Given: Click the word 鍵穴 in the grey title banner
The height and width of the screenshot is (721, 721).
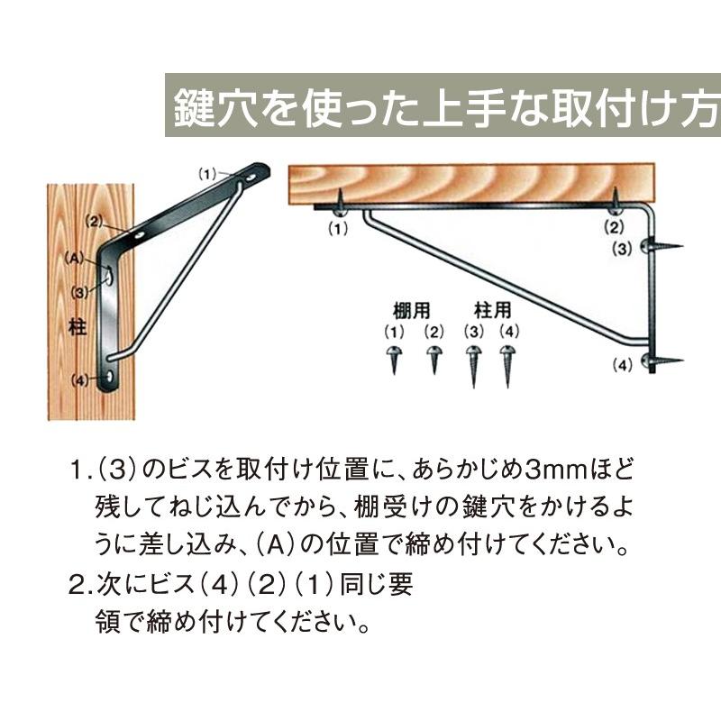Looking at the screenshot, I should tap(208, 106).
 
